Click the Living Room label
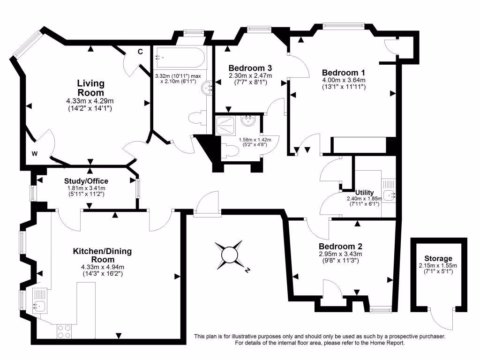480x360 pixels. (x=90, y=88)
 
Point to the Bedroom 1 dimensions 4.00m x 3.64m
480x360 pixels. (x=344, y=80)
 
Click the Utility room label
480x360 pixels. (x=364, y=192)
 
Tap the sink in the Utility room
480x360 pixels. (x=389, y=194)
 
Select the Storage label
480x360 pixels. (x=438, y=258)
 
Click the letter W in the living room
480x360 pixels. (x=35, y=153)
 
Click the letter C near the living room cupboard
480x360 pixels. (x=140, y=52)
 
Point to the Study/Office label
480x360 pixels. (x=86, y=181)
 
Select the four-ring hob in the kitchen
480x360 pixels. (x=64, y=331)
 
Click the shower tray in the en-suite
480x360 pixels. (x=227, y=125)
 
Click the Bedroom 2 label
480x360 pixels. (x=340, y=247)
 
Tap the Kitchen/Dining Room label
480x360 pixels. (x=102, y=255)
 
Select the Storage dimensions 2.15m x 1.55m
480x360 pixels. (x=438, y=265)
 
